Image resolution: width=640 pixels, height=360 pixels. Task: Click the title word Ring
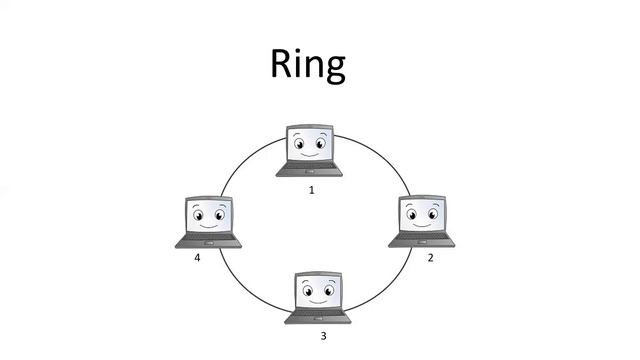click(x=307, y=65)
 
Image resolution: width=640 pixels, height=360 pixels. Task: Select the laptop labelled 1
click(x=310, y=150)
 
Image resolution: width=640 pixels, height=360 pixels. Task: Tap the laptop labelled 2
click(x=424, y=221)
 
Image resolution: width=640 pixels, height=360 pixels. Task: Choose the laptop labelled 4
click(x=209, y=221)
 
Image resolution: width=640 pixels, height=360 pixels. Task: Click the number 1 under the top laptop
click(x=311, y=188)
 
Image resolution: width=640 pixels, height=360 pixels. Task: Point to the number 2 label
click(x=430, y=258)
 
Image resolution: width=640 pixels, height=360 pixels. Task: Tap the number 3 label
click(x=323, y=335)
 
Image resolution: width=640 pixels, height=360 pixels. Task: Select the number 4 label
click(x=198, y=258)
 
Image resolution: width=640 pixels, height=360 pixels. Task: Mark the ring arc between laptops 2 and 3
click(x=385, y=285)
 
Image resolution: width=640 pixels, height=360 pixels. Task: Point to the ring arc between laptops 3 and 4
click(x=245, y=285)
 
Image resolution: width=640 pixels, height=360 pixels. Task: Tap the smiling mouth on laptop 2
click(x=425, y=226)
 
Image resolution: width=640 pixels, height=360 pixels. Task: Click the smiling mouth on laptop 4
click(x=209, y=226)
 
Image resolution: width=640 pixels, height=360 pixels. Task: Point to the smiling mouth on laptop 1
click(x=310, y=155)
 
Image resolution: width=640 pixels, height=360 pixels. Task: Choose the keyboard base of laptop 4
click(x=208, y=240)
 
